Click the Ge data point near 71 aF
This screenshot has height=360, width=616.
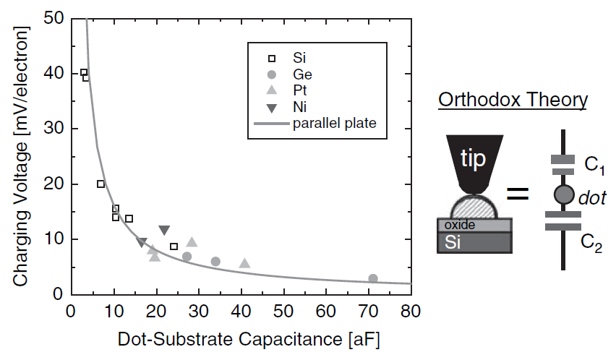point(373,278)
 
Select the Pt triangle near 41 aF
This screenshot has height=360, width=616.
point(245,264)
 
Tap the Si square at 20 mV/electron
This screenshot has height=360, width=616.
point(101,184)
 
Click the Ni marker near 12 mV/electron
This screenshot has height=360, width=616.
point(164,230)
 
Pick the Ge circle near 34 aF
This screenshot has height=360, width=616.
point(215,261)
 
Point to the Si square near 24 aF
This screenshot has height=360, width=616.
point(174,247)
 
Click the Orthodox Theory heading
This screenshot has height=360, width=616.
point(513,99)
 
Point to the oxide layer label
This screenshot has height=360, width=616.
point(460,225)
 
